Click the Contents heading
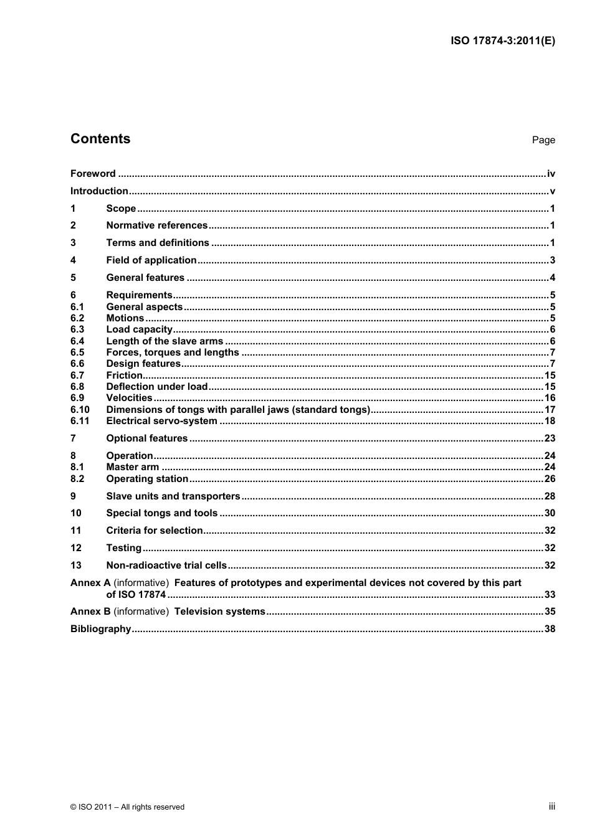[100, 139]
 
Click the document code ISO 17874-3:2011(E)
[502, 41]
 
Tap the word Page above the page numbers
[543, 140]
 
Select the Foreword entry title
[93, 174]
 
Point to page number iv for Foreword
[551, 174]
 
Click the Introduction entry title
[99, 191]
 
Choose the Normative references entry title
[156, 225]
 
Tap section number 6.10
[80, 410]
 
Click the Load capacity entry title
[139, 329]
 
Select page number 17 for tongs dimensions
[550, 410]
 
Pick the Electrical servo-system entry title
[161, 421]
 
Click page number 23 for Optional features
[550, 438]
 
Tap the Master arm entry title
[132, 467]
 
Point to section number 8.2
[77, 479]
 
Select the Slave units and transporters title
[173, 496]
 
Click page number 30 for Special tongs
[550, 513]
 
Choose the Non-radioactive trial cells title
[166, 565]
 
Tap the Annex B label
[90, 612]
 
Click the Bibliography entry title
[100, 629]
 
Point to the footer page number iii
[551, 806]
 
